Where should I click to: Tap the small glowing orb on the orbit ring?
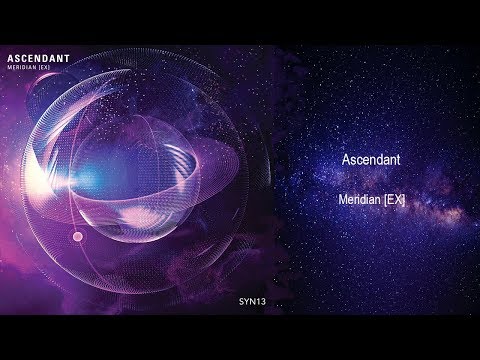click(78, 236)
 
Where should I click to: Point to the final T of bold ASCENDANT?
click(65, 59)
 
